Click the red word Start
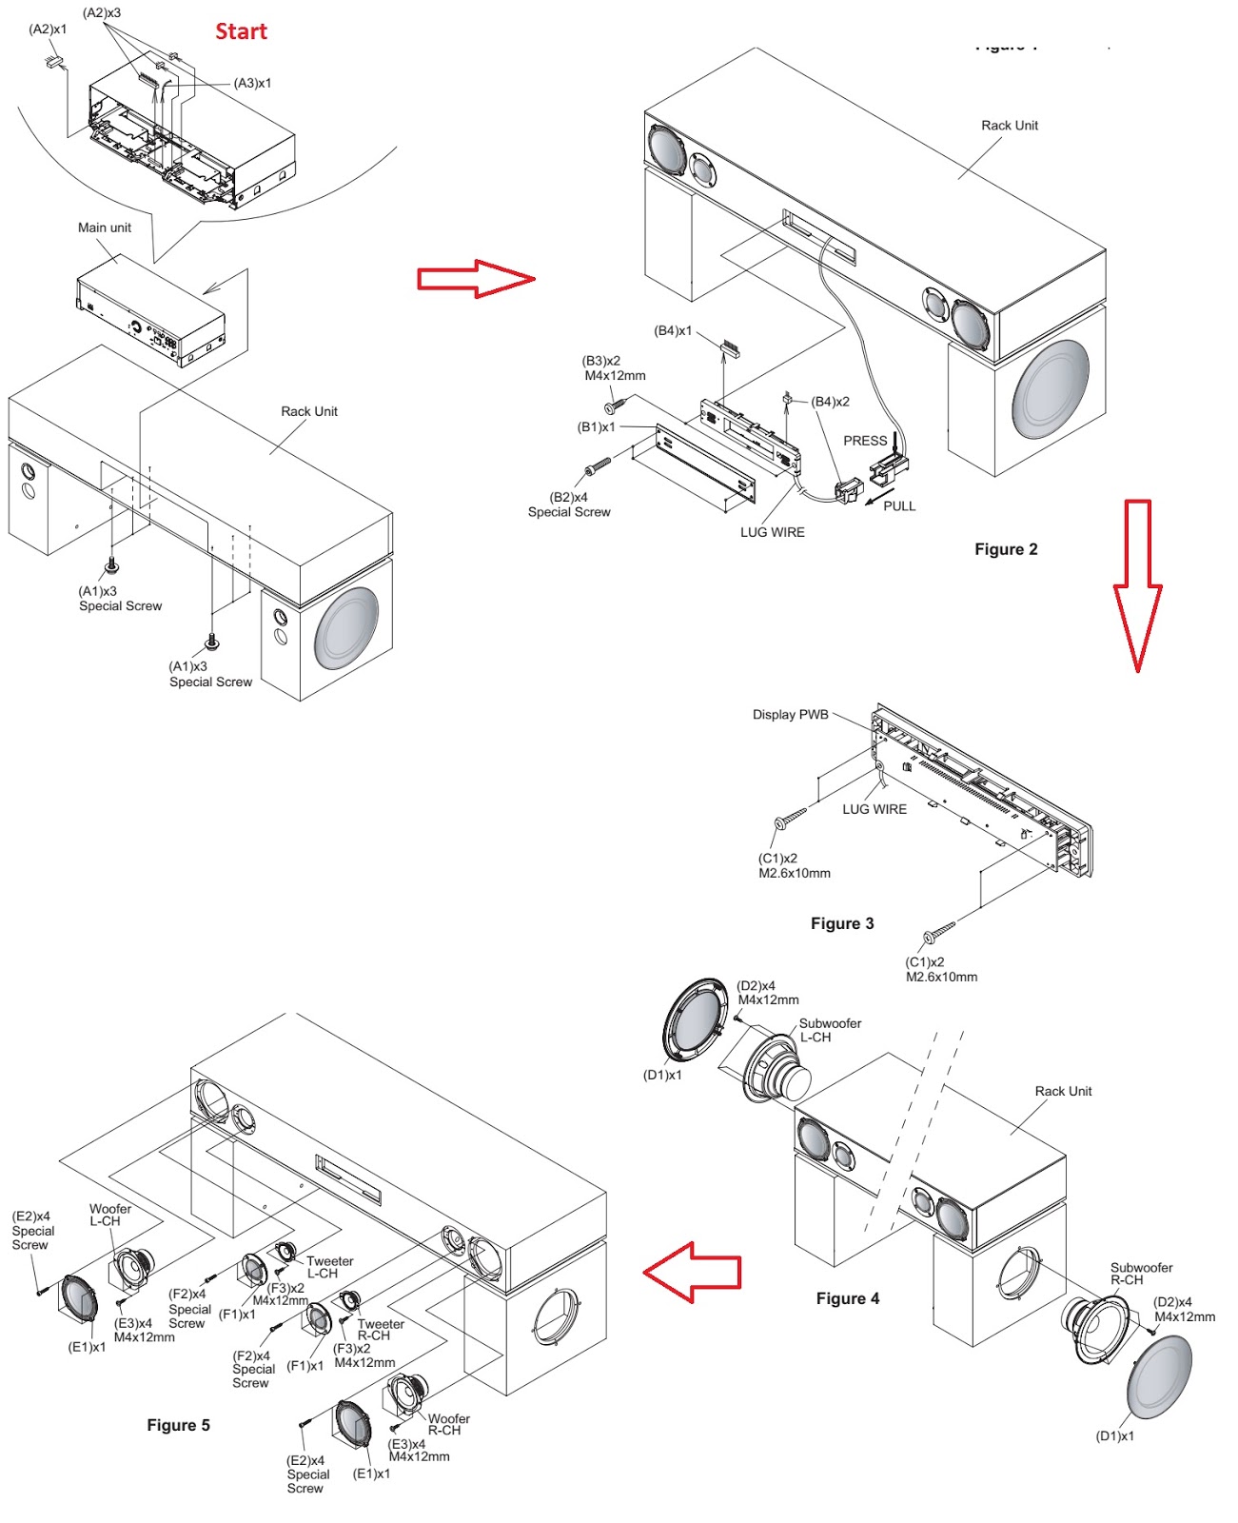click(x=241, y=31)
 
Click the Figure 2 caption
click(x=1006, y=549)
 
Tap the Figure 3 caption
click(x=842, y=923)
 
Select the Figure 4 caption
click(x=848, y=1298)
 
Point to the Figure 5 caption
click(x=178, y=1425)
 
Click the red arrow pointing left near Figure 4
click(x=692, y=1272)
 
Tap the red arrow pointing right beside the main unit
click(x=475, y=278)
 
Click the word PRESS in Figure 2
click(x=865, y=441)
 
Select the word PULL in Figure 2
click(x=899, y=506)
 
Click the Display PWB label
click(x=790, y=715)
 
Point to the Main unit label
click(x=105, y=227)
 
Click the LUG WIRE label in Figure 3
click(x=874, y=809)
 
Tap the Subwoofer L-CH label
click(x=830, y=1030)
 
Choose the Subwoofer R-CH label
click(x=1141, y=1274)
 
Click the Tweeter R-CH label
click(x=381, y=1330)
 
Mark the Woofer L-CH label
click(x=109, y=1215)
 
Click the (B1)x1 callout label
click(x=597, y=427)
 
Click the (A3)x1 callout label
click(x=252, y=84)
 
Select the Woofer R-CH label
click(x=448, y=1424)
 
